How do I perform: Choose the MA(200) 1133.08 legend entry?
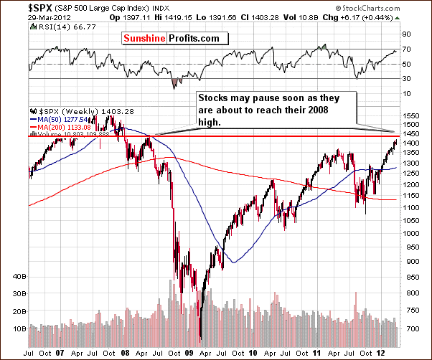point(64,128)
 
